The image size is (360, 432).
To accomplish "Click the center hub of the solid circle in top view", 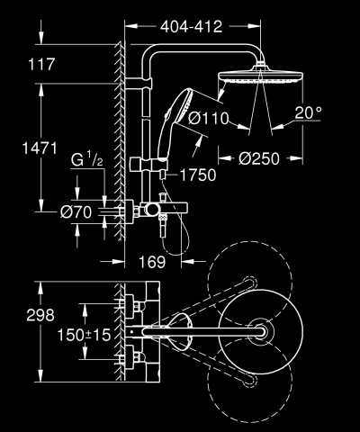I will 263,334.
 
